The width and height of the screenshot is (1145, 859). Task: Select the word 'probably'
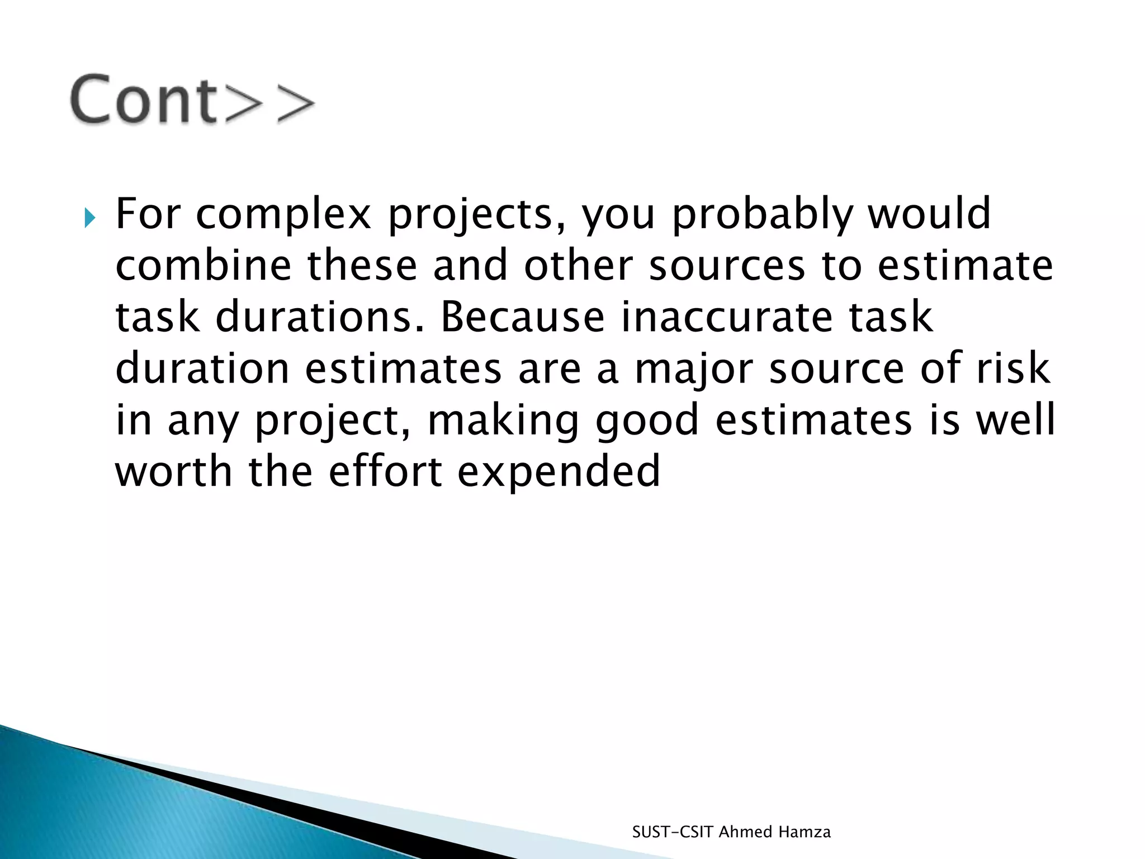(x=762, y=215)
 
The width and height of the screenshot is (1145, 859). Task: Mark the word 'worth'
(x=173, y=471)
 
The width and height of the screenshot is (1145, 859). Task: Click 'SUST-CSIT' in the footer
(x=673, y=832)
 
